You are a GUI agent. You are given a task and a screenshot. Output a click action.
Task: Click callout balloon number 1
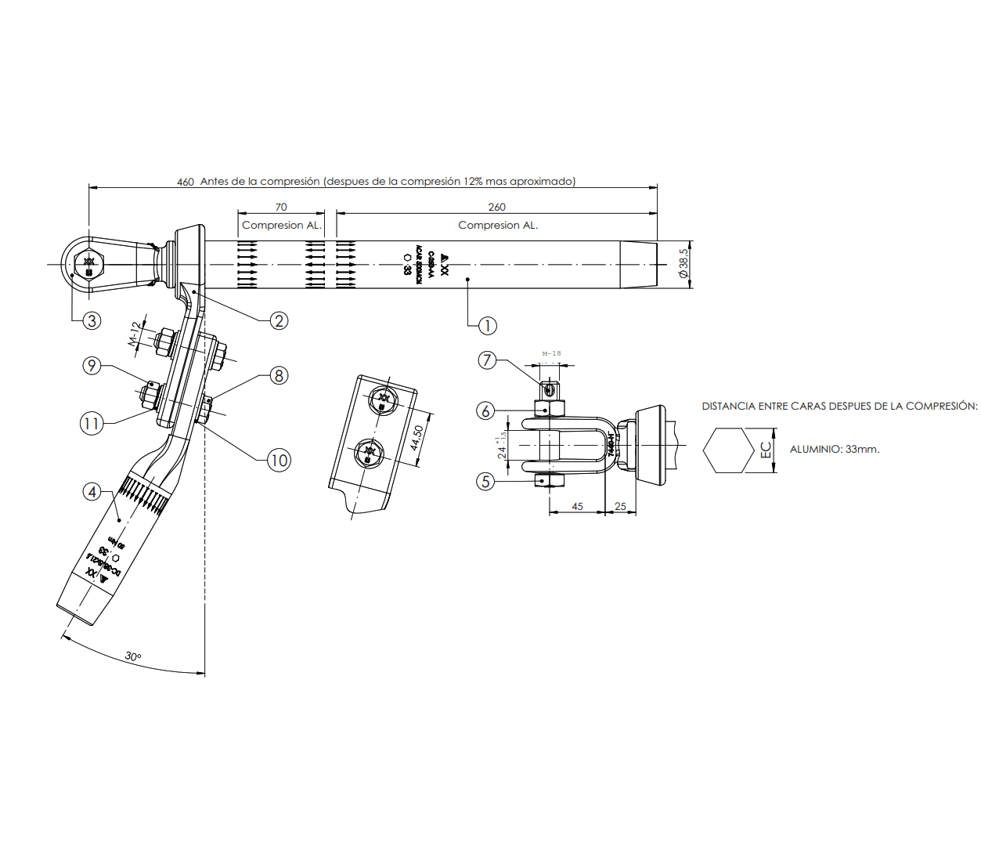(x=487, y=326)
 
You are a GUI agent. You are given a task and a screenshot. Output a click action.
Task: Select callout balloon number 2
(x=279, y=320)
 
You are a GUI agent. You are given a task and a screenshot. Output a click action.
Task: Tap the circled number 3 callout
(x=92, y=320)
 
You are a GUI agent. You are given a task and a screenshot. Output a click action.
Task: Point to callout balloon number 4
(x=92, y=492)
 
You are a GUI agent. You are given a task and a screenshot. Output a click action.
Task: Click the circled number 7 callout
(x=487, y=360)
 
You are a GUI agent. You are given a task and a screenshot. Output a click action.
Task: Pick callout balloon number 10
(x=279, y=460)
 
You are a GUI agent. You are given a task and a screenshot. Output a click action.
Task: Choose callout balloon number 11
(x=92, y=424)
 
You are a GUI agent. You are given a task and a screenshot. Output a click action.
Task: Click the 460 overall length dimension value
(x=186, y=182)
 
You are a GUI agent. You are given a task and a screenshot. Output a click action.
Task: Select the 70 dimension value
(x=281, y=207)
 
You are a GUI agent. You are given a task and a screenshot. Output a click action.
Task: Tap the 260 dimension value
(x=496, y=207)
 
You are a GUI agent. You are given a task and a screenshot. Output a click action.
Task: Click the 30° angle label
(x=133, y=656)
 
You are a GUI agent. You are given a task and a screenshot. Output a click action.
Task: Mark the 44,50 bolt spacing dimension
(x=417, y=437)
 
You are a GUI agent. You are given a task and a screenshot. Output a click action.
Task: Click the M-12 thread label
(x=135, y=333)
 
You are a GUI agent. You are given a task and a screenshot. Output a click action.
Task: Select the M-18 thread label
(x=551, y=353)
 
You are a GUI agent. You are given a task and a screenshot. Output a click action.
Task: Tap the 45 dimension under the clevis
(x=577, y=506)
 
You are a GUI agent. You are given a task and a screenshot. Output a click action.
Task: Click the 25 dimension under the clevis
(x=620, y=506)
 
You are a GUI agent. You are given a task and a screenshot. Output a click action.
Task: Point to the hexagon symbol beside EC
(x=728, y=450)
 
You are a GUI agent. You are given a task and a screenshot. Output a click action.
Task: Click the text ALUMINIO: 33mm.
(x=835, y=450)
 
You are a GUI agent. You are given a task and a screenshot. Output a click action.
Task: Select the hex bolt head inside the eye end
(x=88, y=264)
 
